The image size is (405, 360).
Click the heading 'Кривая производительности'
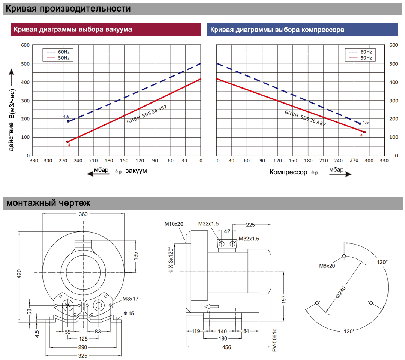pos(68,9)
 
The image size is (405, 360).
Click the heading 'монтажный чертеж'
pos(48,203)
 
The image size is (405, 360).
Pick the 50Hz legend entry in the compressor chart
pos(361,58)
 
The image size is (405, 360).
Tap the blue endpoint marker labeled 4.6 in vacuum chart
pos(68,121)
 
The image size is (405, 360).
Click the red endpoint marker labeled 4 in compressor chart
pos(364,132)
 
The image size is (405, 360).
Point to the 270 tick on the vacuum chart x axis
pos(63,160)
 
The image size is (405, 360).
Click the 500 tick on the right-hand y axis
pos(393,64)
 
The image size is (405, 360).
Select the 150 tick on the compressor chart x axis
pos(293,160)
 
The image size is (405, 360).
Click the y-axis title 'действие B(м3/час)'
pos(12,120)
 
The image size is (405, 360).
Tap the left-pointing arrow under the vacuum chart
pos(98,174)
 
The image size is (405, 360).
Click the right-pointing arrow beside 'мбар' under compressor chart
pos(340,174)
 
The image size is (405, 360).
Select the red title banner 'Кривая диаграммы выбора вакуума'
pos(106,29)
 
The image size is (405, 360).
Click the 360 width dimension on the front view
pos(83,214)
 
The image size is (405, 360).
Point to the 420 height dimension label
pos(19,274)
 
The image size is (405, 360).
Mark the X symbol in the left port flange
pos(67,306)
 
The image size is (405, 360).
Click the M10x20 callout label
pos(174,224)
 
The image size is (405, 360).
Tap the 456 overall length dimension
pos(226,347)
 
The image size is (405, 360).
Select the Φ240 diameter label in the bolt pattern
pos(341,292)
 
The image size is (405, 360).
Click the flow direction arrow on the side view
pos(212,306)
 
